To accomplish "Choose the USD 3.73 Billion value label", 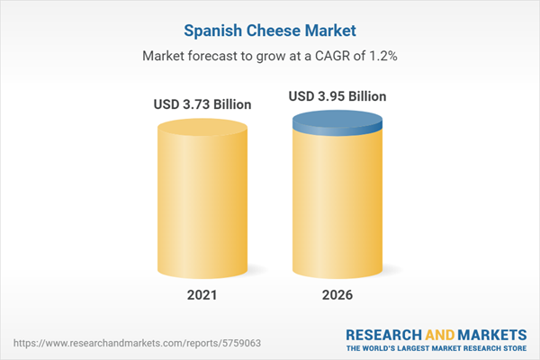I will (202, 104).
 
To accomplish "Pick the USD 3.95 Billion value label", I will (337, 95).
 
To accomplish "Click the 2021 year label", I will (202, 293).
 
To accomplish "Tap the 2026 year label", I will (337, 293).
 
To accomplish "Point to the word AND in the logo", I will (438, 333).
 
